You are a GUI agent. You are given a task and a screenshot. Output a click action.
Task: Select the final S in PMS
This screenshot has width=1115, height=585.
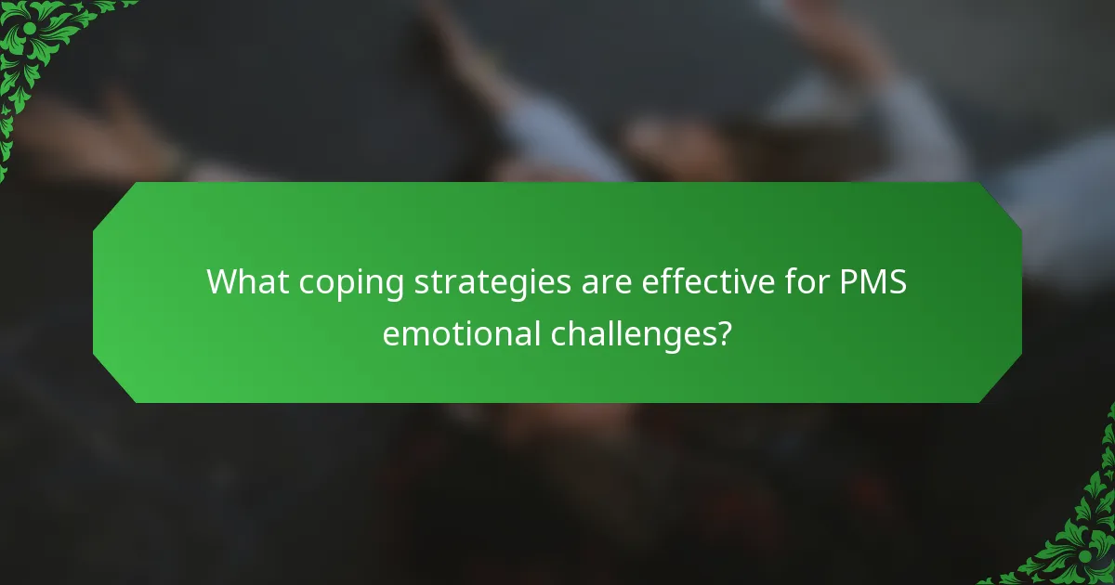895,281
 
